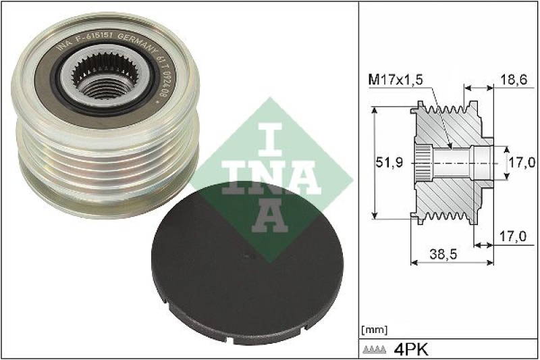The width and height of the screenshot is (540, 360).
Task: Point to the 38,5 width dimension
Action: click(x=443, y=255)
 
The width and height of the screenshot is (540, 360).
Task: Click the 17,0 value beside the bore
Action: click(x=522, y=162)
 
